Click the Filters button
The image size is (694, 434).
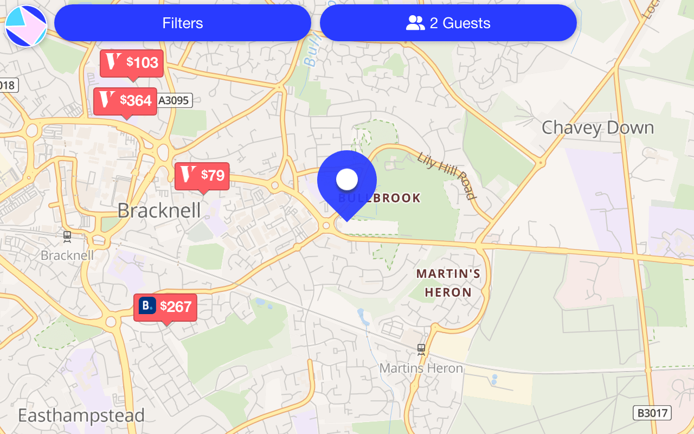pos(183,23)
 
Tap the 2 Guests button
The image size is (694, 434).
pos(448,23)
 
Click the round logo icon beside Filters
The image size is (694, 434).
pos(26,26)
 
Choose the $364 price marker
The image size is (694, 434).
pos(125,101)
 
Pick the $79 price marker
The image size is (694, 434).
pos(202,176)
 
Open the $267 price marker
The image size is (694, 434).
pos(165,307)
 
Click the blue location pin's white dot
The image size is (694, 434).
pos(347,178)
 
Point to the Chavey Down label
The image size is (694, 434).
pos(597,128)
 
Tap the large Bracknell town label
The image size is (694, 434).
pos(159,210)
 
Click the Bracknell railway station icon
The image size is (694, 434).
pos(67,236)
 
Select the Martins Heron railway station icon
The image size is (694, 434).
pos(421,349)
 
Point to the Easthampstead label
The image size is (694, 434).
pos(81,416)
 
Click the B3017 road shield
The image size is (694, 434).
pos(652,413)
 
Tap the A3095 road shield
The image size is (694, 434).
pos(175,100)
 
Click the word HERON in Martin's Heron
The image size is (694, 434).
pos(448,293)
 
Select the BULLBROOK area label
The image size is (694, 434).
pos(380,198)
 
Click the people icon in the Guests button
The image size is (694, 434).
pos(415,23)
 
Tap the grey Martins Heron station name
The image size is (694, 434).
pos(421,368)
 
